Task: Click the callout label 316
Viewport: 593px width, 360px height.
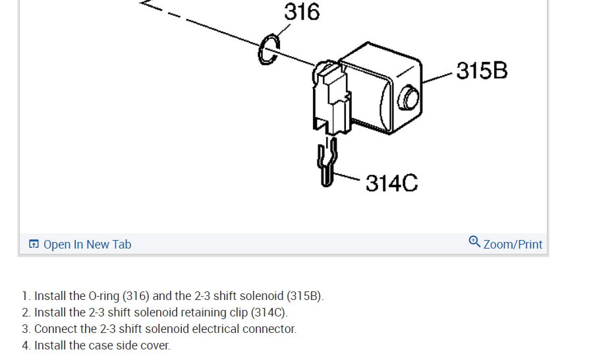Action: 302,12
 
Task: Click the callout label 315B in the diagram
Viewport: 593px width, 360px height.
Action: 482,71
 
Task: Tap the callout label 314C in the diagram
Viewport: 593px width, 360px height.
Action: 391,183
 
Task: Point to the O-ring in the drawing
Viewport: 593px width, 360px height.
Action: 268,50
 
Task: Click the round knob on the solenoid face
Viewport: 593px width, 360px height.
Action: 409,98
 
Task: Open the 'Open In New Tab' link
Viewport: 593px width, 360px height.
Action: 87,245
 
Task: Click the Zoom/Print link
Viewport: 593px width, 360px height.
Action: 513,245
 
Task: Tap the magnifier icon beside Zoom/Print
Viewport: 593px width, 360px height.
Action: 474,242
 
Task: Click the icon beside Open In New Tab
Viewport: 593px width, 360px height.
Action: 34,245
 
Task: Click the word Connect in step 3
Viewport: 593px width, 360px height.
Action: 55,329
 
